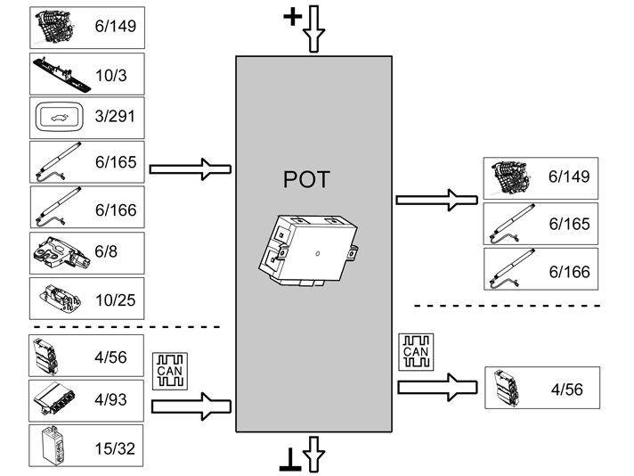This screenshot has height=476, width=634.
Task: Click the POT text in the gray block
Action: pyautogui.click(x=305, y=179)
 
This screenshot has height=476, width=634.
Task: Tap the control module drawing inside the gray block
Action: pyautogui.click(x=309, y=250)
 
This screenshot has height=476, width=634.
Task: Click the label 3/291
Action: pyautogui.click(x=119, y=118)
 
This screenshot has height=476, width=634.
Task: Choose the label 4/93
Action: pyautogui.click(x=110, y=399)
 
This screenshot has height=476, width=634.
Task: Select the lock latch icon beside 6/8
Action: pyautogui.click(x=58, y=252)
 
